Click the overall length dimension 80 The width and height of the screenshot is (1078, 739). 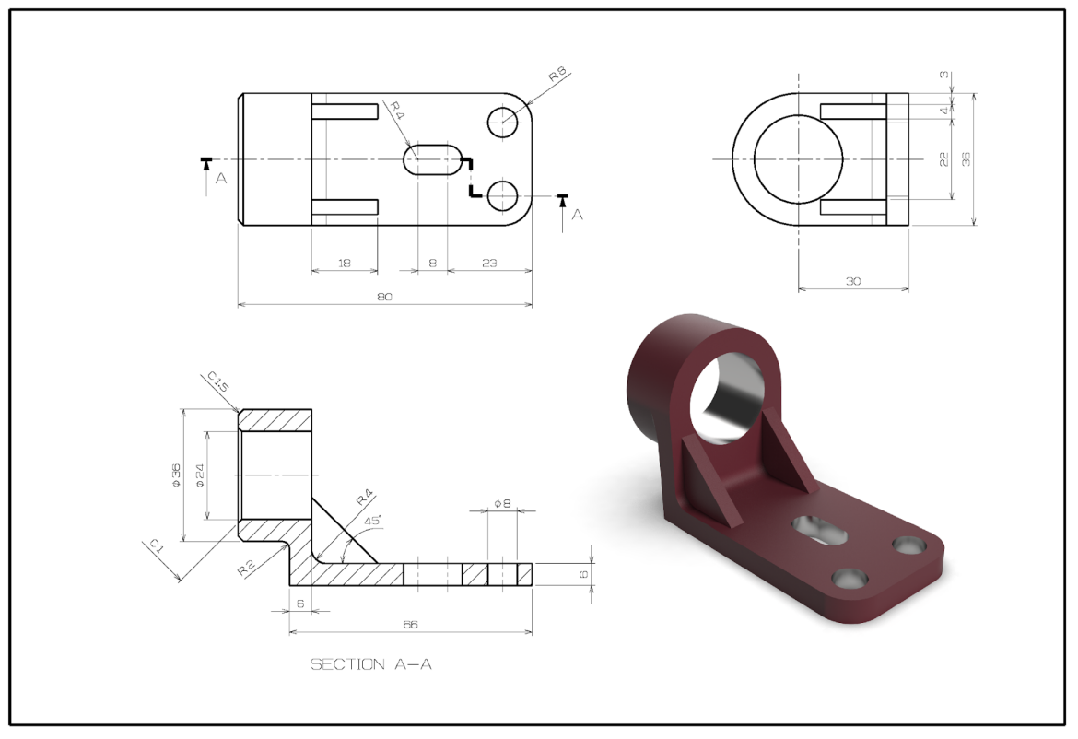385,297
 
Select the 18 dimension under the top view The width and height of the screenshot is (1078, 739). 345,264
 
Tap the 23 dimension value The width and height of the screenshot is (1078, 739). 489,264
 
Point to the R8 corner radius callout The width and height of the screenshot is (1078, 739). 557,76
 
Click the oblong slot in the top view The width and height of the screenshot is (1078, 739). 433,159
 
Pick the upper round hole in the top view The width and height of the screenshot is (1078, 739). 503,122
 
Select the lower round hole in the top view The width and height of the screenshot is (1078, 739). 503,195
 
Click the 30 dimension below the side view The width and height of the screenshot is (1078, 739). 853,281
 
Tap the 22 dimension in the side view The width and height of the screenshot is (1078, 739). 943,158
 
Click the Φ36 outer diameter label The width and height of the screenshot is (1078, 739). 176,475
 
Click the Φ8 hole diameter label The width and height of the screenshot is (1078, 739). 502,503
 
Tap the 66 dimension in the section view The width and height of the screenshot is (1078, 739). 410,624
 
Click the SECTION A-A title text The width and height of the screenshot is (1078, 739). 370,664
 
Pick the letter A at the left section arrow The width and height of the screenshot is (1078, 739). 220,179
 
